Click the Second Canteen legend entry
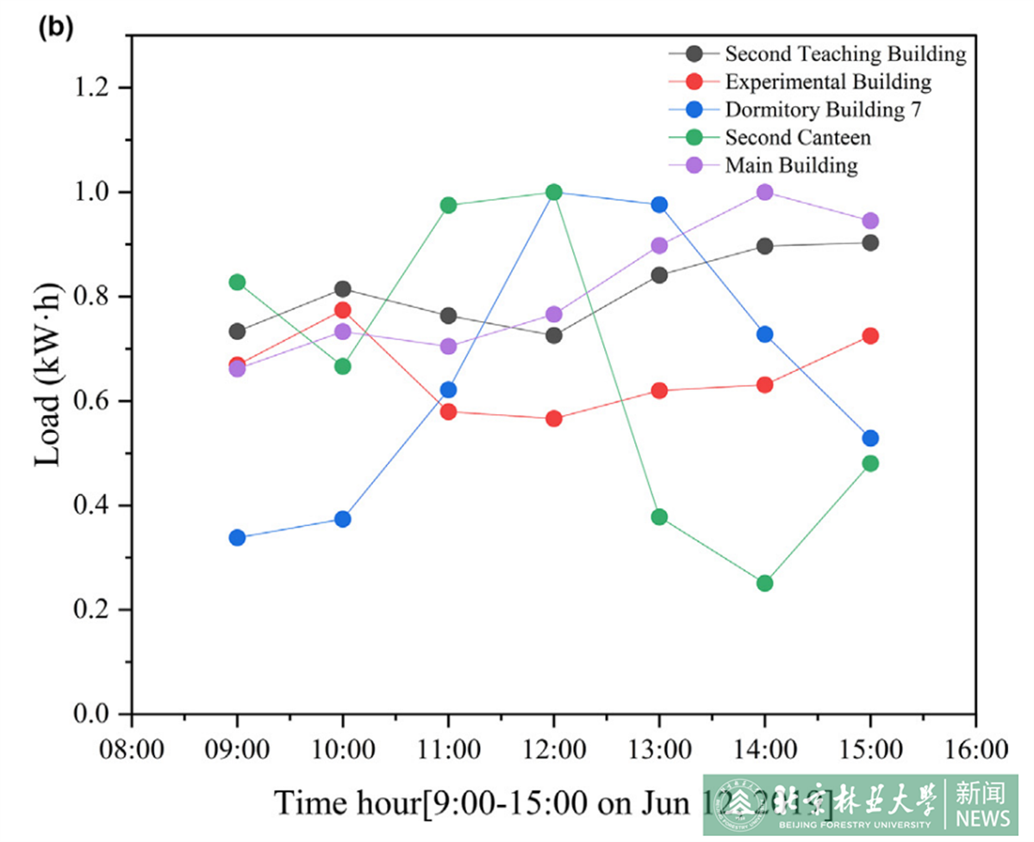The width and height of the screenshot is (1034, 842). click(797, 137)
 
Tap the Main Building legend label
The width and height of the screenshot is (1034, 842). click(791, 164)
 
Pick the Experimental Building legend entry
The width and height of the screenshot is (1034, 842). click(827, 82)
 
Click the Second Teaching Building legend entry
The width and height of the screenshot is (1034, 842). click(844, 54)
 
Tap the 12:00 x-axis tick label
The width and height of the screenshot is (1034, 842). click(553, 748)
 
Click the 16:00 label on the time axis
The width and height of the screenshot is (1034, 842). click(975, 748)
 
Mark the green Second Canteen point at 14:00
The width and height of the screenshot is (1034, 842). click(764, 583)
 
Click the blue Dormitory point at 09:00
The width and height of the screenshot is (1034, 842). click(237, 537)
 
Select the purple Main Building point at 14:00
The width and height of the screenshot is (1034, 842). click(764, 192)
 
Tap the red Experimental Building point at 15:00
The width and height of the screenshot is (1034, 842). click(870, 336)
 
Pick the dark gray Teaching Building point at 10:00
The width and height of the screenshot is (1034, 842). click(343, 288)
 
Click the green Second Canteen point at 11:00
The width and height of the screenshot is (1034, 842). click(448, 205)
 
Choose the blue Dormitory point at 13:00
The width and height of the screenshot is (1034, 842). click(659, 205)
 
